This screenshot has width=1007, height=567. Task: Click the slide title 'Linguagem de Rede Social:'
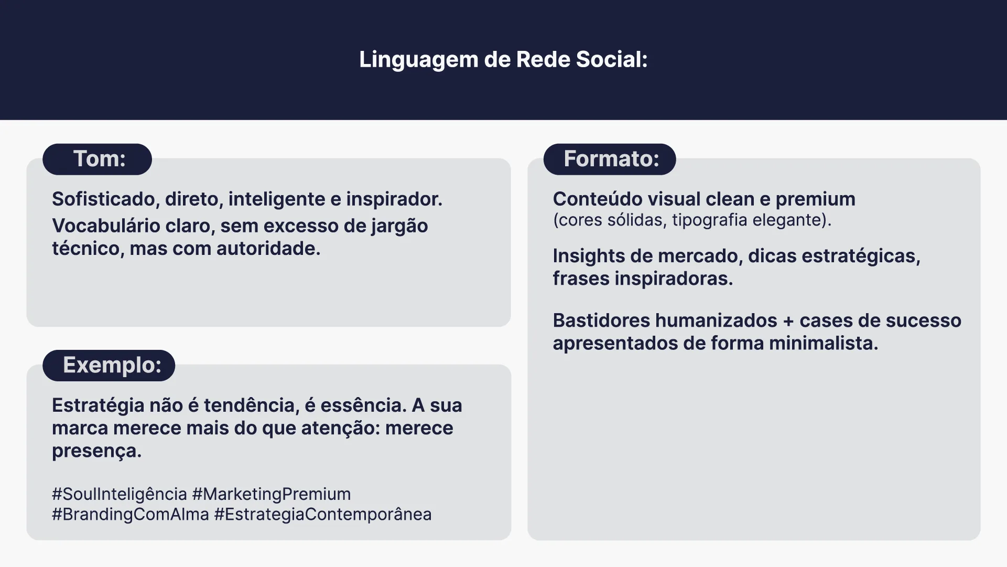point(503,60)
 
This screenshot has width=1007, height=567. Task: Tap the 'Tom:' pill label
point(98,159)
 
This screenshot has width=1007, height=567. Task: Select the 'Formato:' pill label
point(610,159)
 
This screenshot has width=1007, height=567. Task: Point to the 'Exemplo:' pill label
point(109,365)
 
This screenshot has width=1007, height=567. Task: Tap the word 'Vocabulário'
point(106,226)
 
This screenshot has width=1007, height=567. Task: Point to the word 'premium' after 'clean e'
point(815,200)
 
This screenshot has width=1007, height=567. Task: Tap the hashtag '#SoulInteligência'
point(120,495)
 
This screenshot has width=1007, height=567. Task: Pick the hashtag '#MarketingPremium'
point(272,495)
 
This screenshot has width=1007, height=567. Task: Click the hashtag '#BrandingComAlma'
point(131,515)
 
